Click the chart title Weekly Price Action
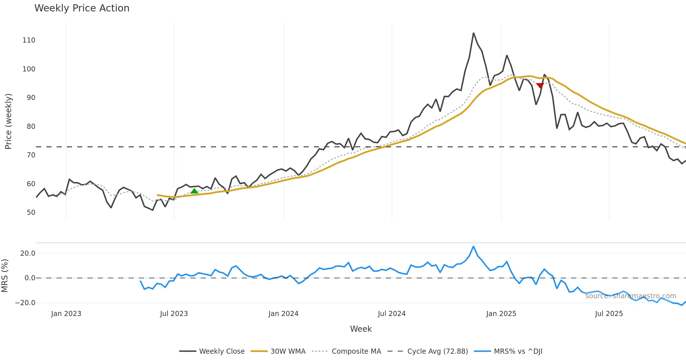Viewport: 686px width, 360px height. pyautogui.click(x=82, y=8)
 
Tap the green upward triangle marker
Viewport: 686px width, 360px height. pyautogui.click(x=194, y=191)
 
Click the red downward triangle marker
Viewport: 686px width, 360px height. pyautogui.click(x=540, y=85)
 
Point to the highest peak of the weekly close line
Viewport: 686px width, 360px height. pyautogui.click(x=473, y=33)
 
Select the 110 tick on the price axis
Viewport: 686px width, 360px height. pyautogui.click(x=29, y=40)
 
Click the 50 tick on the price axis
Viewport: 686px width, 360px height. pyautogui.click(x=31, y=213)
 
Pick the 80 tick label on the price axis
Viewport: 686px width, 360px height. pyautogui.click(x=31, y=127)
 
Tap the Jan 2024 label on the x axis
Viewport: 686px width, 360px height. pyautogui.click(x=283, y=314)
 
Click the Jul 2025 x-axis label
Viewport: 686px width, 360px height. pyautogui.click(x=609, y=314)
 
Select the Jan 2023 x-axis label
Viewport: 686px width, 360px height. pyautogui.click(x=66, y=314)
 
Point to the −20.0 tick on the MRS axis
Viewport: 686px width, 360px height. pyautogui.click(x=25, y=303)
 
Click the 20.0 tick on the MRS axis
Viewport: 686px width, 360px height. pyautogui.click(x=28, y=253)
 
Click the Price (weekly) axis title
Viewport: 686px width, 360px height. pyautogui.click(x=8, y=121)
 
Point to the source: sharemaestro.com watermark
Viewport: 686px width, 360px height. pyautogui.click(x=631, y=296)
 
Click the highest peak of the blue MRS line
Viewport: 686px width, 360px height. pyautogui.click(x=473, y=246)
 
